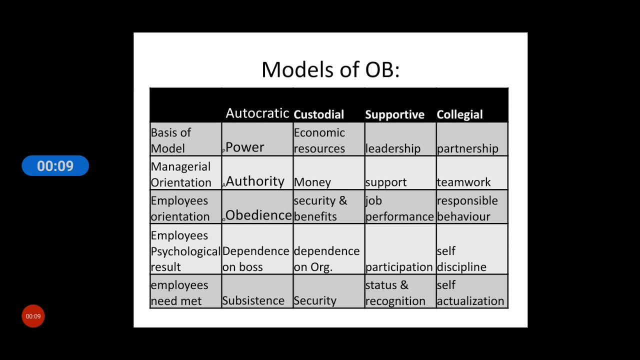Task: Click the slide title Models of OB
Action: coord(330,69)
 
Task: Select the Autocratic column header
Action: coord(257,113)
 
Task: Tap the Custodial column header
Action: coord(318,114)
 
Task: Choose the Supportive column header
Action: coord(394,114)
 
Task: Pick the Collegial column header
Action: coord(459,114)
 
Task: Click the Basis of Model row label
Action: coord(171,140)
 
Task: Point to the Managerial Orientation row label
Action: coord(181,174)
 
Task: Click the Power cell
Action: coord(244,147)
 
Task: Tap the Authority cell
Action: coord(255,181)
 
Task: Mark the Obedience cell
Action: coord(258,215)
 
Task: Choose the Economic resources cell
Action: coord(319,140)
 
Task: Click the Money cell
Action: coord(312,182)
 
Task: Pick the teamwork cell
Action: coord(463,182)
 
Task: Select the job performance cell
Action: coord(399,208)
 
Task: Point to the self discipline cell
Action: coord(461,259)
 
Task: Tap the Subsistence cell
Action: coord(253,300)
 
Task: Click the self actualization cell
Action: coord(470,293)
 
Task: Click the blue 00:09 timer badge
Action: coord(55,166)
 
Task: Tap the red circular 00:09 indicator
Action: coord(33,316)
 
